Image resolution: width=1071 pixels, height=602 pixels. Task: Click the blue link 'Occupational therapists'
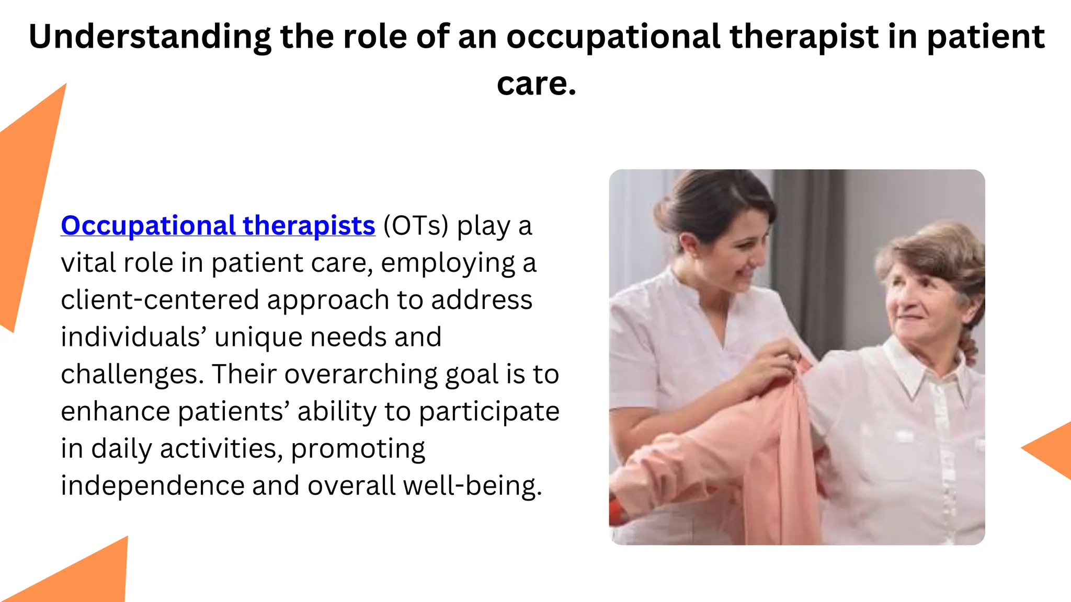[218, 226]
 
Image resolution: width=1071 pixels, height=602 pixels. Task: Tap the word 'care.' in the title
[536, 84]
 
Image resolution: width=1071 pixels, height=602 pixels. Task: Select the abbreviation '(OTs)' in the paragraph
[416, 226]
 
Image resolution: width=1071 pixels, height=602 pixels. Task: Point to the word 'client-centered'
[160, 300]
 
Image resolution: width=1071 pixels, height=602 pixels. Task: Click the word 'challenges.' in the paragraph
[132, 374]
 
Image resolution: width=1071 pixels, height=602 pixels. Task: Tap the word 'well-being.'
[473, 485]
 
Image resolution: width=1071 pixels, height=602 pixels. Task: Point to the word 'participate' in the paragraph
[489, 412]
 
